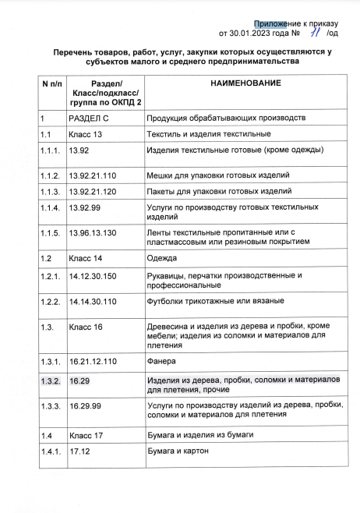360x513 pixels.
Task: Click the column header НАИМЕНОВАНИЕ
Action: pos(245,83)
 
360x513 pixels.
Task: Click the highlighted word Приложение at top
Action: pos(280,23)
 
